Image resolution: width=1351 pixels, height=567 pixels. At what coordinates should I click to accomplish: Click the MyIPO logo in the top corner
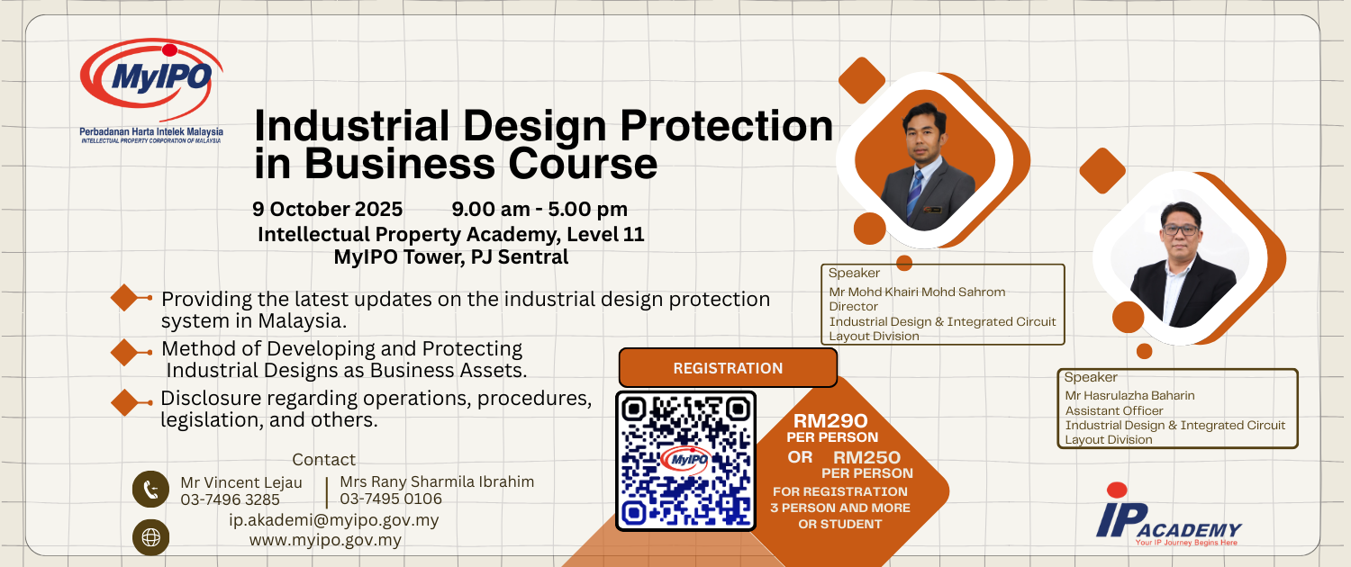[x=151, y=91]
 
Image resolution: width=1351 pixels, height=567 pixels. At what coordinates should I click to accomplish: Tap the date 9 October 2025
[x=328, y=209]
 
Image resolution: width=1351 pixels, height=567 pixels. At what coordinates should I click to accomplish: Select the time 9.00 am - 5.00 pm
[x=539, y=209]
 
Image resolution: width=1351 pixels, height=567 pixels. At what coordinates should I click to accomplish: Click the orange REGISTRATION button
[x=728, y=367]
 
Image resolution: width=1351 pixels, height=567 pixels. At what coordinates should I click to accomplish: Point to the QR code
[x=685, y=462]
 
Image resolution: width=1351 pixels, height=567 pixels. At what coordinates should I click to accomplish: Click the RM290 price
[x=830, y=420]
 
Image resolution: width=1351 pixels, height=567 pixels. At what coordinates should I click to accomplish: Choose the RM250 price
[x=866, y=457]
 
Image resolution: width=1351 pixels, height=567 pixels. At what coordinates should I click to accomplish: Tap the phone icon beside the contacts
[x=150, y=490]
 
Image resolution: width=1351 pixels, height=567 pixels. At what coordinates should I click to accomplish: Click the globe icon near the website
[x=150, y=537]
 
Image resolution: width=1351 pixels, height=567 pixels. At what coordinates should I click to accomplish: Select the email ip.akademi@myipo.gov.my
[x=334, y=520]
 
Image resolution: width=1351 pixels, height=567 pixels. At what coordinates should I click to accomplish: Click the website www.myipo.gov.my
[x=325, y=541]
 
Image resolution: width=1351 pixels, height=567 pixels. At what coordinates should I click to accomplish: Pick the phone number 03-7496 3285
[x=231, y=499]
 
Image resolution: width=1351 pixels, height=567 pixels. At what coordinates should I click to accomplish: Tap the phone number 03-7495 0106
[x=391, y=499]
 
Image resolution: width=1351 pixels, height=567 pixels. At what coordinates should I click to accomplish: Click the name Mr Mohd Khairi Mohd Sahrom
[x=918, y=292]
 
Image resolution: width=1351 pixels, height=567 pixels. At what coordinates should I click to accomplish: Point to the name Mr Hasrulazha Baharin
[x=1129, y=396]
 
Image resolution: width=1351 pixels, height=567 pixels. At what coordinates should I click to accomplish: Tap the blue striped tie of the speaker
[x=914, y=193]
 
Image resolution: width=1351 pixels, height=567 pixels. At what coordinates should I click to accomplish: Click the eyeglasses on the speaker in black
[x=1180, y=229]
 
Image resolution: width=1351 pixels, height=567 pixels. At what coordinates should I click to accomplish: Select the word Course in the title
[x=584, y=163]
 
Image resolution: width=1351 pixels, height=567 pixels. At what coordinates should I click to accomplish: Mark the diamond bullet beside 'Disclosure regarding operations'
[x=125, y=402]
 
